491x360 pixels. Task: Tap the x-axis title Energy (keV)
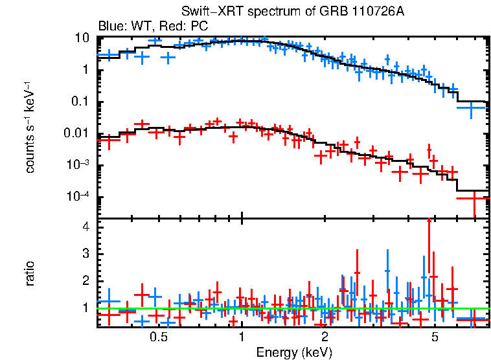294,352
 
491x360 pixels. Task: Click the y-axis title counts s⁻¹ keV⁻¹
30,127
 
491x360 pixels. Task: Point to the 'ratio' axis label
30,274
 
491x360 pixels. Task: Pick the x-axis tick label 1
242,337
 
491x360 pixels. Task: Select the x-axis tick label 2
325,337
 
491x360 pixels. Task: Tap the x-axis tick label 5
435,337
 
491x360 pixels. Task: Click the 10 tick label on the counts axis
82,38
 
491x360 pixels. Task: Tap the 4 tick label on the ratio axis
84,227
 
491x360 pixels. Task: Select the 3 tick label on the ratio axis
84,254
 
